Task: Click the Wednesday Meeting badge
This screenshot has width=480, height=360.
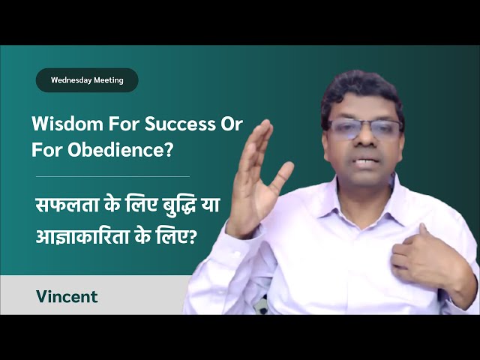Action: (87, 80)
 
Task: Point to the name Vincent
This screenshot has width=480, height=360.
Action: (67, 296)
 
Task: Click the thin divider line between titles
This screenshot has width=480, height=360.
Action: (112, 176)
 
